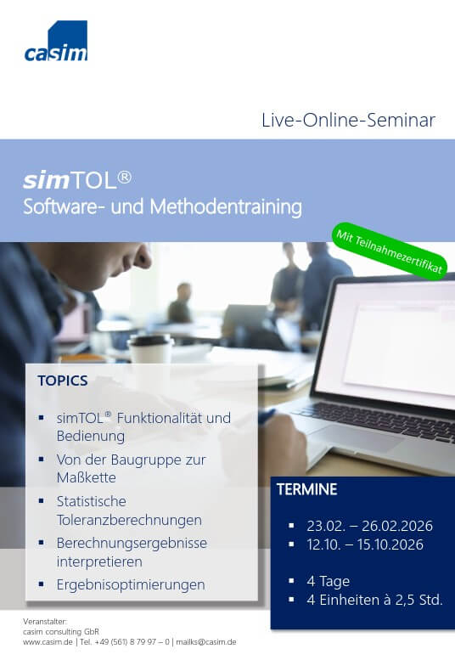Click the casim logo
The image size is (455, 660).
pos(56,42)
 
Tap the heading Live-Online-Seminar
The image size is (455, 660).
pos(348,120)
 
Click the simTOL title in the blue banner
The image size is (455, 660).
pos(77,180)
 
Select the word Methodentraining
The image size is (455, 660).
pos(226,206)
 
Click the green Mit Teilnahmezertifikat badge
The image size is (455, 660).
pos(390,251)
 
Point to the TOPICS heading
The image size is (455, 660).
pos(63,381)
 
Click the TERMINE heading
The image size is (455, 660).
pos(307,489)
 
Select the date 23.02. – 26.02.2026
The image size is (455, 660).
pos(369,526)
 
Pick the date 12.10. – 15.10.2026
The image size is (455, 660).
pos(365,544)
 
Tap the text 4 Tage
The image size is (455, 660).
pos(328,581)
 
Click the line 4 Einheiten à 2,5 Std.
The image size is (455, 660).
pos(374,600)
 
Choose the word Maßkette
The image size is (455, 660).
pos(87,477)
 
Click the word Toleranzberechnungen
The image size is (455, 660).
pos(129,520)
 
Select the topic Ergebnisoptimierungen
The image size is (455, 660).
pos(131,584)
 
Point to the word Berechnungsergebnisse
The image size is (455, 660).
pos(132,543)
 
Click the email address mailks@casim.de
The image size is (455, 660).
pos(206,642)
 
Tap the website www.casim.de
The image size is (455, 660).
pos(48,642)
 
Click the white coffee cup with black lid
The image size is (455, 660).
pos(150,348)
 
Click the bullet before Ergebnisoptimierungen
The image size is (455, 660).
pos(42,584)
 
